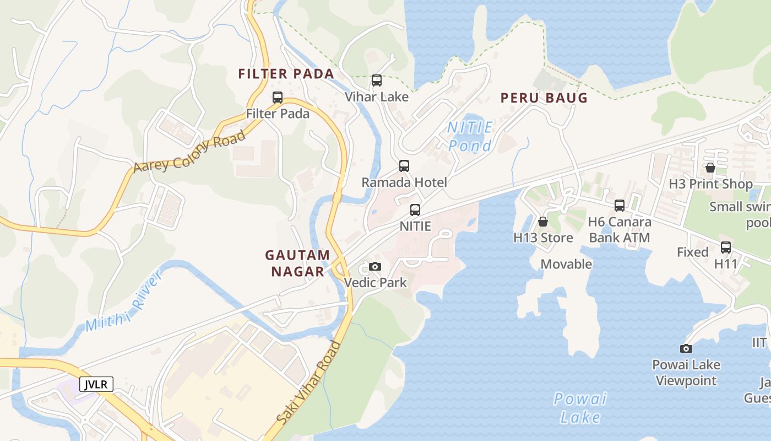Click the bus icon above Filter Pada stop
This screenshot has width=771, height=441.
point(278,98)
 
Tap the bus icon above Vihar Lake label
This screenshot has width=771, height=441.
point(377,80)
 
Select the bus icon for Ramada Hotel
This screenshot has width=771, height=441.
point(404,165)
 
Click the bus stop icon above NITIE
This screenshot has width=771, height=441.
point(415,209)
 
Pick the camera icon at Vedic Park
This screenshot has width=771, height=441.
point(375,267)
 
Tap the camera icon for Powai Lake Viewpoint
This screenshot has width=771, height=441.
point(686,348)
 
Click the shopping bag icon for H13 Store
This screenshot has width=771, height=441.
point(543,222)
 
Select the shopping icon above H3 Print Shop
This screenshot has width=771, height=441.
point(710,168)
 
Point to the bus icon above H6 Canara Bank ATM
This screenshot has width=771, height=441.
point(620,206)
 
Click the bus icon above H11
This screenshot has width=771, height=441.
point(726,247)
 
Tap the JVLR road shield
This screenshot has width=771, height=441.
point(96,384)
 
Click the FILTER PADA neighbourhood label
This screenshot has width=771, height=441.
point(286,74)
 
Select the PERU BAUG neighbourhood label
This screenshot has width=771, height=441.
point(544,98)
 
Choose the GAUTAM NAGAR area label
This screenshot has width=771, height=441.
point(297,263)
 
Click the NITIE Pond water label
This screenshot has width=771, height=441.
point(470,137)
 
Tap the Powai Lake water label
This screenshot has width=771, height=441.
point(580,407)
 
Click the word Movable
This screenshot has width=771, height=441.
point(566,264)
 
